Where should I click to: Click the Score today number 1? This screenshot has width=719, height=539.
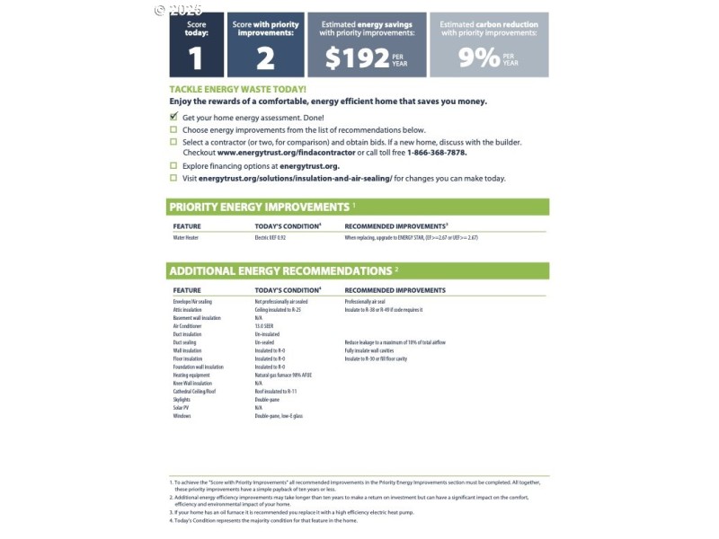point(195,58)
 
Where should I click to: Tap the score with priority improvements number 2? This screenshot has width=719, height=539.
point(264,58)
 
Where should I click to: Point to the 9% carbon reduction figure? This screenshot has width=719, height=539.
point(478,57)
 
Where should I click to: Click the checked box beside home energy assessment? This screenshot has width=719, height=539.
point(173,118)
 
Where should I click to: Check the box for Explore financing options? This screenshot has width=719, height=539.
point(173,166)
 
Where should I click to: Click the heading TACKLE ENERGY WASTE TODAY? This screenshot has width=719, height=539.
point(237,90)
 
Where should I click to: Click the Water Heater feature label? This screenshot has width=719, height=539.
point(186,238)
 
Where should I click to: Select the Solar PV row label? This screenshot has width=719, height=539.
point(181,408)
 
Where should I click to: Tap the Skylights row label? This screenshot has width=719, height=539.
point(182,400)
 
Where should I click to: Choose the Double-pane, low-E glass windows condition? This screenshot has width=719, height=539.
point(278,416)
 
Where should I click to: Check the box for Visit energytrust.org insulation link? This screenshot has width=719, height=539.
point(173,178)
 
